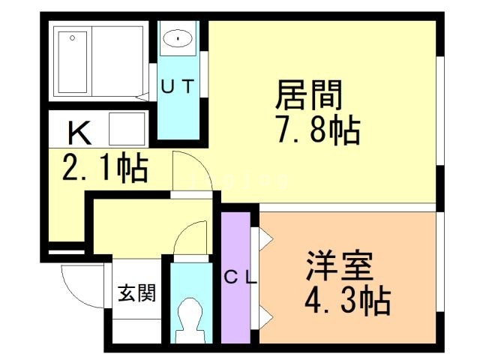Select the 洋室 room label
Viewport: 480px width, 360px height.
[x=340, y=266]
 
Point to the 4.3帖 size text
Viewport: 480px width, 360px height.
[x=346, y=302]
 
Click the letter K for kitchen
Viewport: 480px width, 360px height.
[x=79, y=133]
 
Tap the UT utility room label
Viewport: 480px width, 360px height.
[x=179, y=86]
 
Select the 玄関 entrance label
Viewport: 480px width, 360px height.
[x=136, y=293]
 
